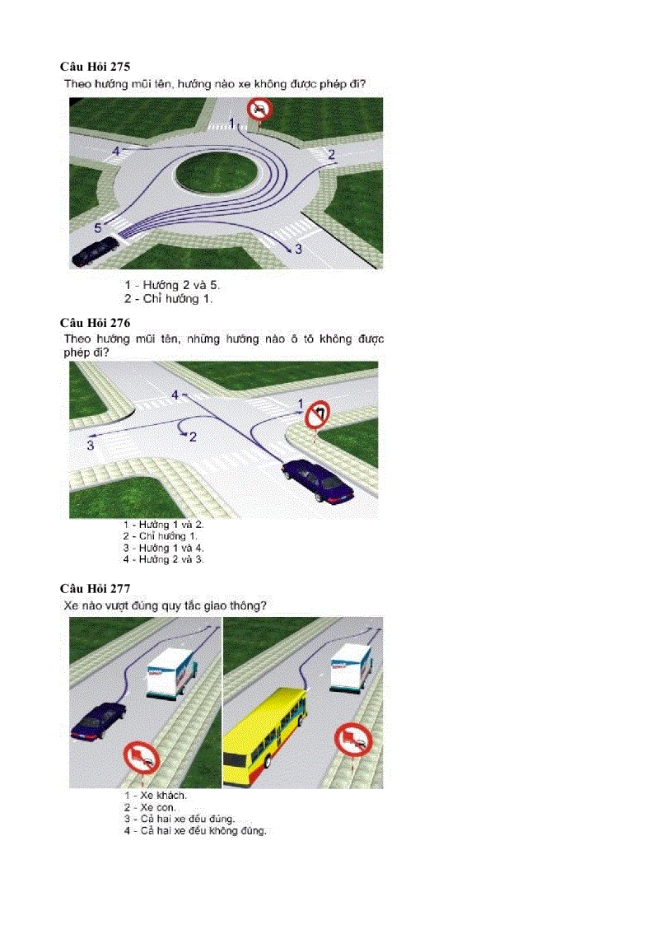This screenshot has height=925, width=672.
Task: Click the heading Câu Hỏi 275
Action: pos(95,65)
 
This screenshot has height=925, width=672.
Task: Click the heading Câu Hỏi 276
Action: pos(95,322)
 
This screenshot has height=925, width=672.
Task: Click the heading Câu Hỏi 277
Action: pos(95,588)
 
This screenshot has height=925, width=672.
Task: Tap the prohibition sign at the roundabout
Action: pos(259,109)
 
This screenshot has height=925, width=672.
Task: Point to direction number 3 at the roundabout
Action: pos(298,248)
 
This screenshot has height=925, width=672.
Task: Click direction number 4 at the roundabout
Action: pos(116,152)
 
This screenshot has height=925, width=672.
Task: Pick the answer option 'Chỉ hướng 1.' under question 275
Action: pos(168,299)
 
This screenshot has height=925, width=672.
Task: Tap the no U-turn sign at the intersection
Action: pos(315,413)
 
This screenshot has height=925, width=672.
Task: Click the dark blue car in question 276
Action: pos(318,481)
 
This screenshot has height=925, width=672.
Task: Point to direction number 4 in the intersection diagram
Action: pos(175,395)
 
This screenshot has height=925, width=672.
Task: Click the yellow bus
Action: pos(265,726)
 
